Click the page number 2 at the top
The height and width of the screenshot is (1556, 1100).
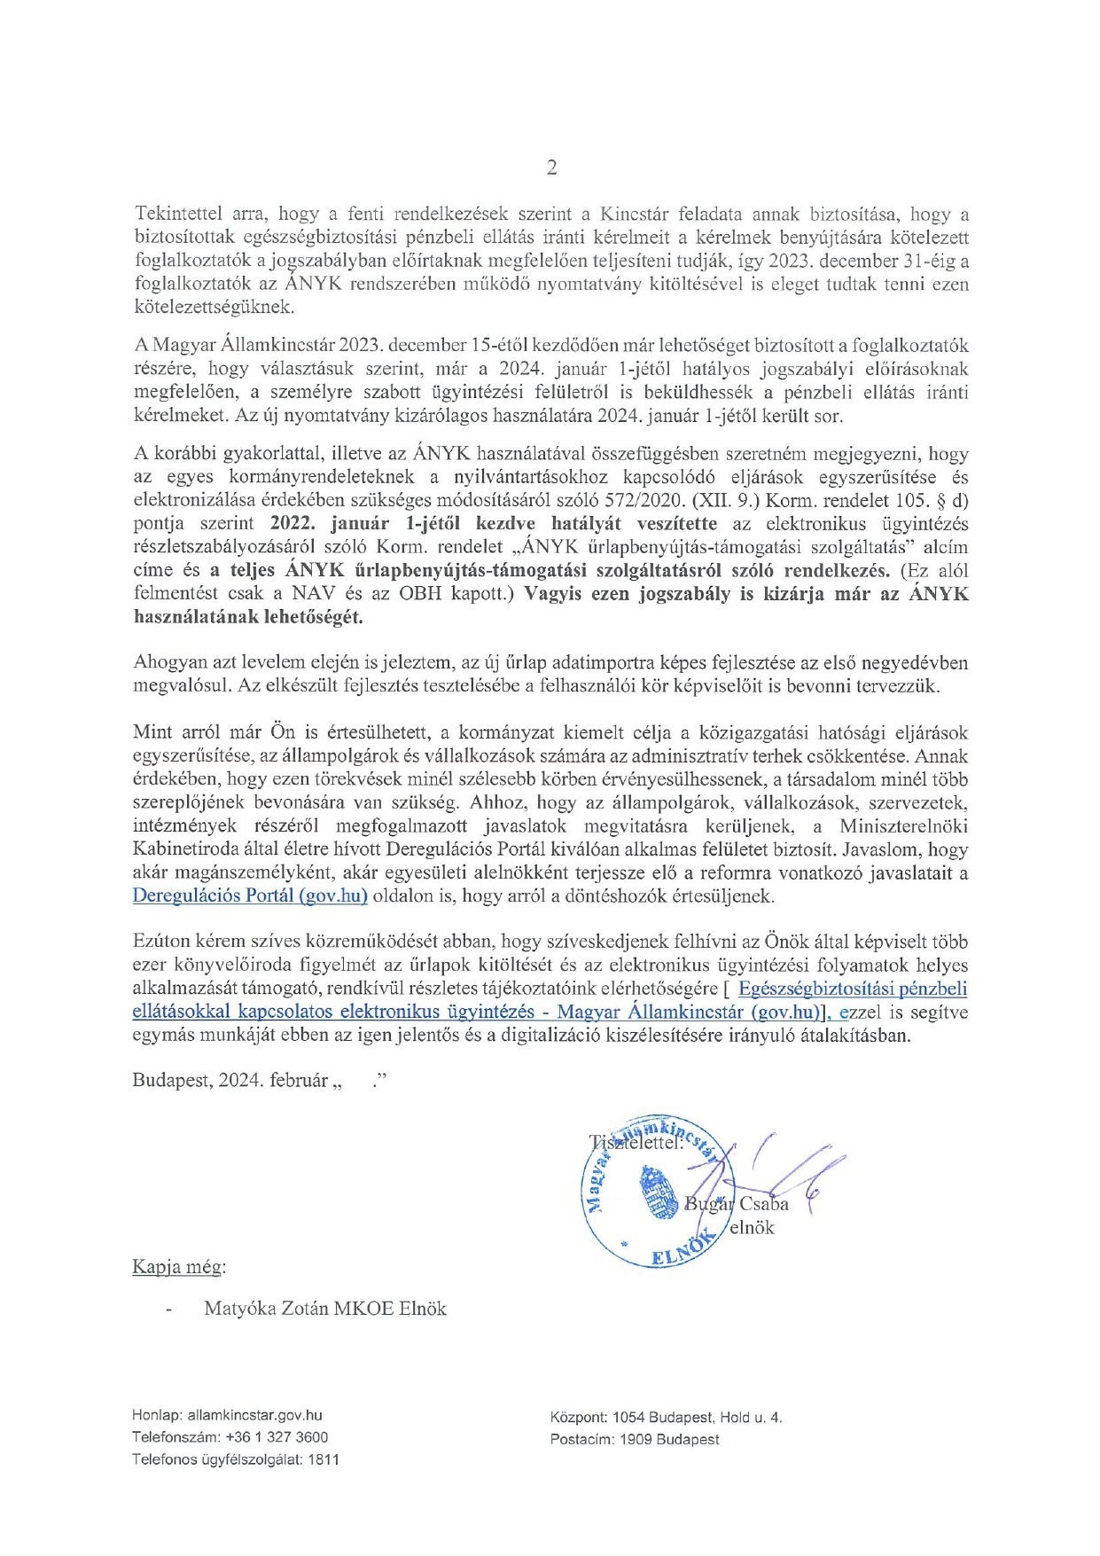click(x=551, y=168)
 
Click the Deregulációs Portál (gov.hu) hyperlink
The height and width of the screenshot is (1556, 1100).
click(x=250, y=895)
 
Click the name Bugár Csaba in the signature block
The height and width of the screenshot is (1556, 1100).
click(x=737, y=1203)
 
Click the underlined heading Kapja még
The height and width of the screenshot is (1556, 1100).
click(x=178, y=1266)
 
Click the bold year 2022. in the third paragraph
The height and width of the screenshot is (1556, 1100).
click(x=293, y=523)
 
